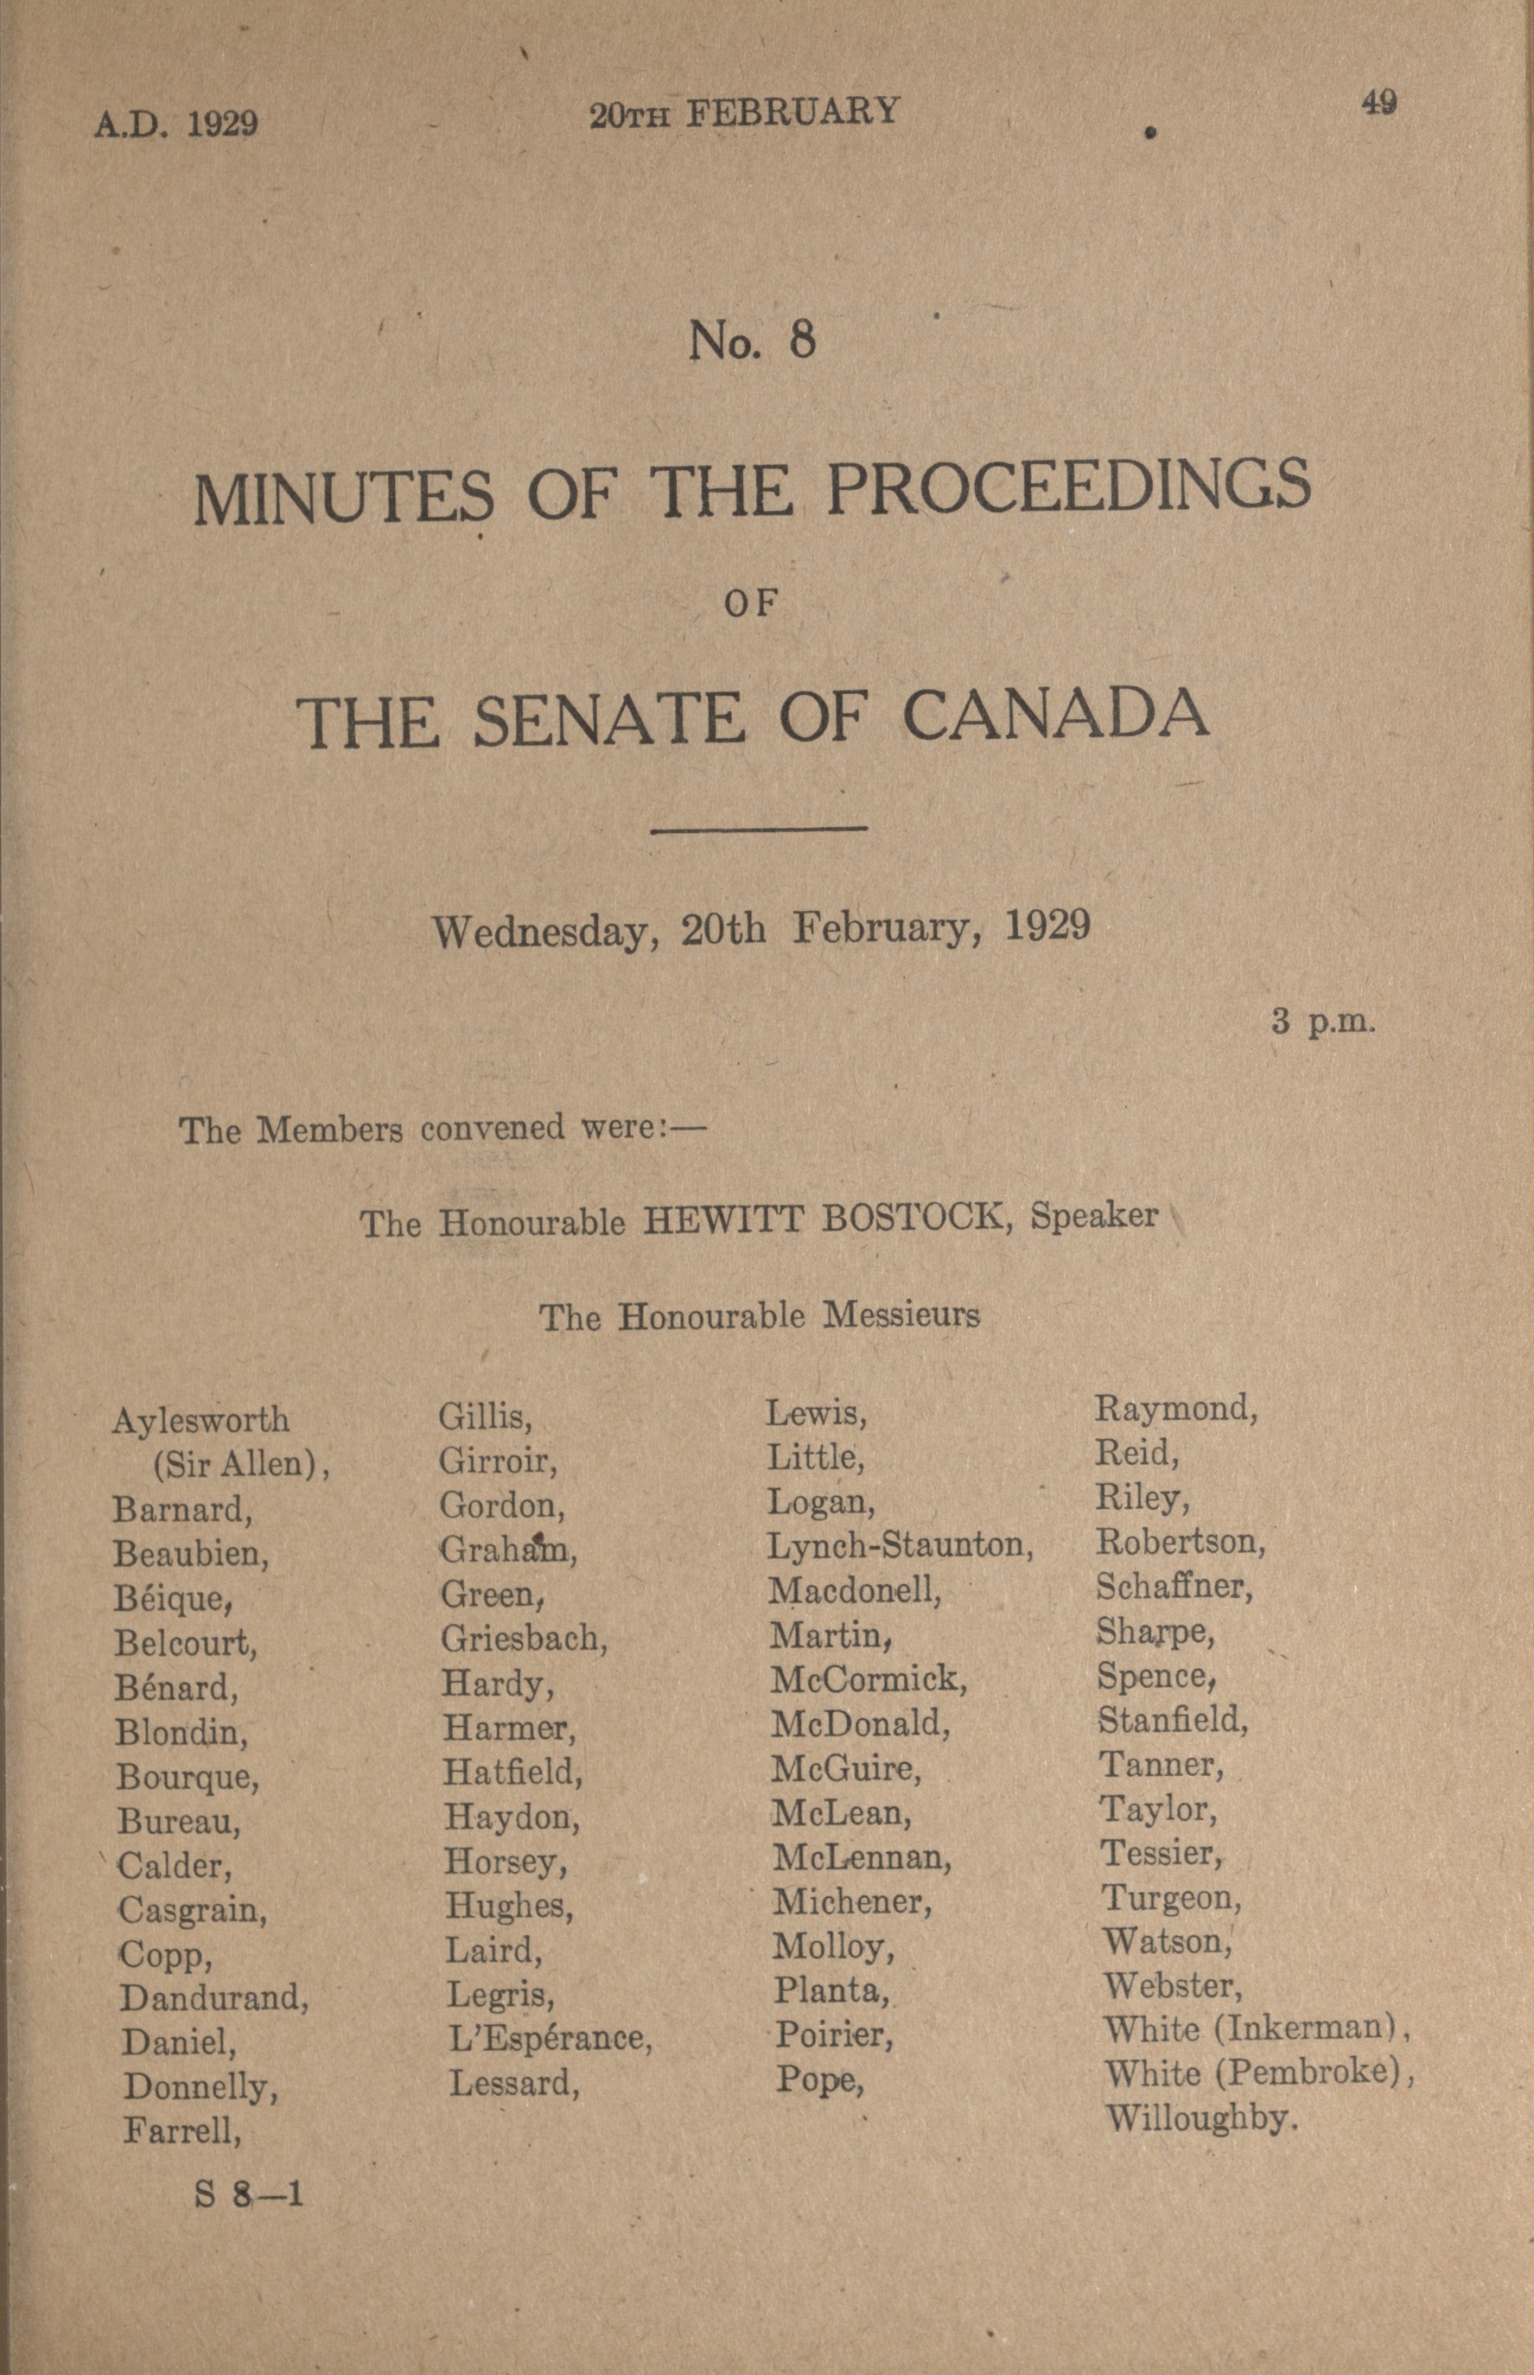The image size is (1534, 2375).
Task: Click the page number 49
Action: coord(1378,103)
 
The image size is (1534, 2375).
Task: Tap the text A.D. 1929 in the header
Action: coord(176,124)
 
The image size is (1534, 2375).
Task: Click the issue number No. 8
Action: coord(752,341)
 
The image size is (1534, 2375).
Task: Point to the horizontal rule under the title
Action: coord(758,828)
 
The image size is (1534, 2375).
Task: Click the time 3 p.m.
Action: coord(1323,1022)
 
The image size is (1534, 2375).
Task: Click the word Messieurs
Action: coord(901,1316)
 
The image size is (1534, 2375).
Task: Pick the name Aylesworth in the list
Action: coord(201,1420)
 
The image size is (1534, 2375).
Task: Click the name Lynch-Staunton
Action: coord(900,1545)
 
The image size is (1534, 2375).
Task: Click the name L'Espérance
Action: coord(550,2038)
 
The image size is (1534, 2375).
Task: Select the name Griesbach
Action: coord(524,1638)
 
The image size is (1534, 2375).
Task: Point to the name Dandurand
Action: coord(214,1997)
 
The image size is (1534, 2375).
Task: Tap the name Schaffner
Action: coord(1174,1586)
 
